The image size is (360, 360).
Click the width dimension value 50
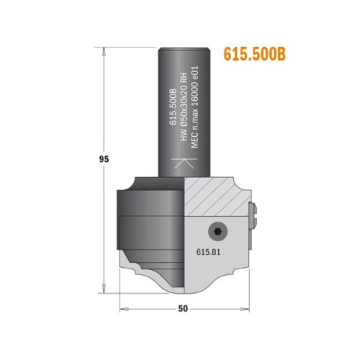(184, 310)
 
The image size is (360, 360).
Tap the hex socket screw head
(217, 231)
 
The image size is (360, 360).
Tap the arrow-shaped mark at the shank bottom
(184, 163)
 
